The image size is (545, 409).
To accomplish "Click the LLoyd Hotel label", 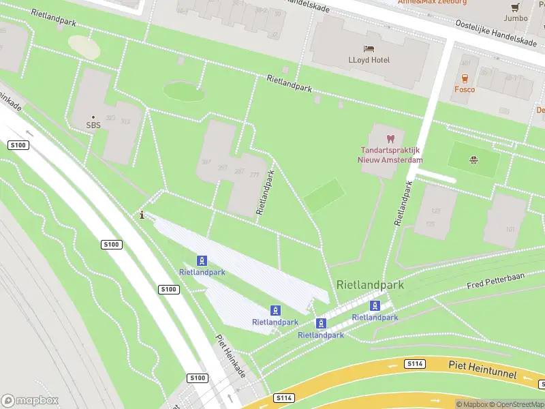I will [x=369, y=60].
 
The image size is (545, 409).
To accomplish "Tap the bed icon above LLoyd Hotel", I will [x=369, y=49].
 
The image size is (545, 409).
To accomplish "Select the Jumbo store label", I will [x=516, y=18].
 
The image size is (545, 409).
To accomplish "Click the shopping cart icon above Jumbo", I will [x=516, y=7].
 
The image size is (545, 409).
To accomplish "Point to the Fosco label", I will [x=465, y=89].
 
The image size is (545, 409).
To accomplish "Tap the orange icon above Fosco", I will [x=465, y=78].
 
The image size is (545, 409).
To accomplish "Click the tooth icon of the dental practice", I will [x=390, y=138].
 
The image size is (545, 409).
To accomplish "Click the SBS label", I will [x=93, y=125].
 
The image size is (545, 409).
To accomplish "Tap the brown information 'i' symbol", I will [x=142, y=215].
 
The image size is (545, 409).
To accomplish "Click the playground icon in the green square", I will [x=473, y=161].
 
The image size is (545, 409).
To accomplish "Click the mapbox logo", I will [x=30, y=401].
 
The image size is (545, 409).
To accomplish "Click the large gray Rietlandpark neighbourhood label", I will [x=370, y=285].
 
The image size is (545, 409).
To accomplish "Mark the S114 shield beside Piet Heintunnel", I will [x=414, y=364].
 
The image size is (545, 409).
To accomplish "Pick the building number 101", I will [x=510, y=230].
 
